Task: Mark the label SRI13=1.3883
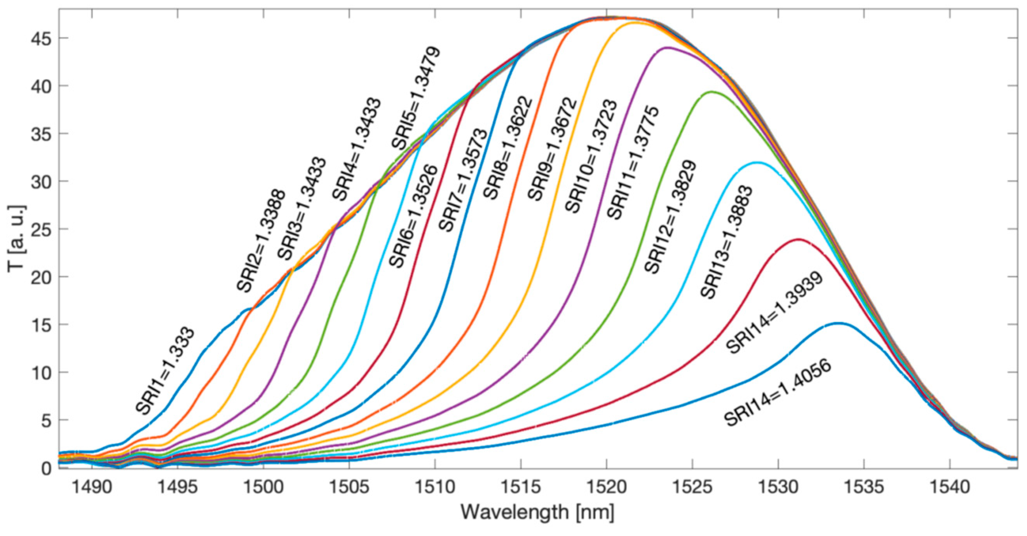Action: point(726,242)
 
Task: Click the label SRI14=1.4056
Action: point(778,393)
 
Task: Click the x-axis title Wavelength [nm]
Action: point(537,512)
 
